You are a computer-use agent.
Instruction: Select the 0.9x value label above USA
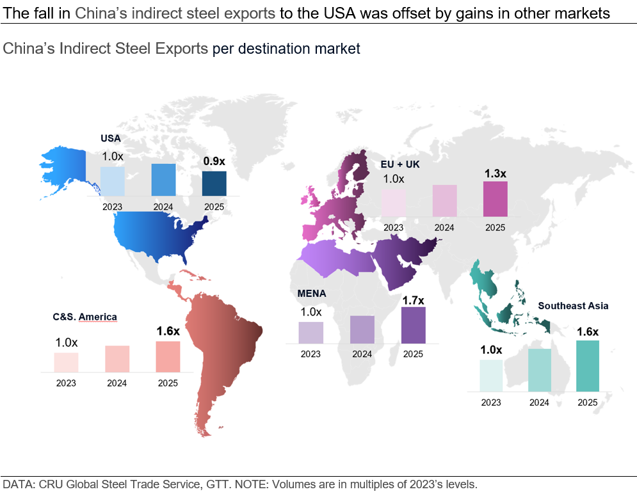tap(214, 162)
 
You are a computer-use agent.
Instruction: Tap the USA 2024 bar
tap(163, 179)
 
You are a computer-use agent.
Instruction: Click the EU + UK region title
tap(396, 164)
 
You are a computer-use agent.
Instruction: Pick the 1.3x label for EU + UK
tap(495, 173)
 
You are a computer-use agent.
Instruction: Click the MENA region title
tap(312, 293)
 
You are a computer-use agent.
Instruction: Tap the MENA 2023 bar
tap(311, 332)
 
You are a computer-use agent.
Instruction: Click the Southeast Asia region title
tap(573, 306)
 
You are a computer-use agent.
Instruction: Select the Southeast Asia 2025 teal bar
tap(588, 365)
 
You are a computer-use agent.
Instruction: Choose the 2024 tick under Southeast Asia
tap(540, 402)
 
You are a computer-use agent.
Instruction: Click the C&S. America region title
tap(85, 317)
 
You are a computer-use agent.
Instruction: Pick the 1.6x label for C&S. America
tap(168, 331)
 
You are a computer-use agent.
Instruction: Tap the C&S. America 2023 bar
tap(66, 362)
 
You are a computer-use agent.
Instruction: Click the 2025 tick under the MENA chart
tap(414, 354)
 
